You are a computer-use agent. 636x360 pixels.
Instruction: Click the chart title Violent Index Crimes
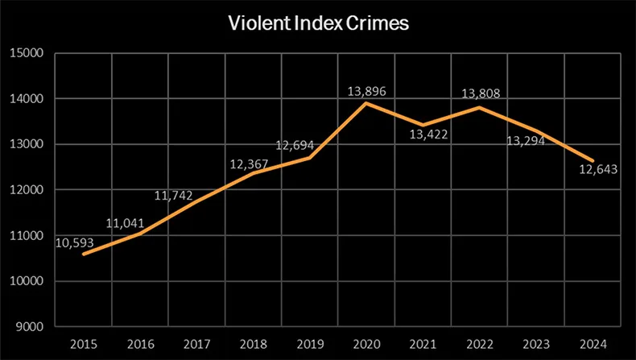coord(317,24)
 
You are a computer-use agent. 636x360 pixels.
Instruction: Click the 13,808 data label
coord(480,93)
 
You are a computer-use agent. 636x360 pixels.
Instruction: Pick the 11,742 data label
coord(176,196)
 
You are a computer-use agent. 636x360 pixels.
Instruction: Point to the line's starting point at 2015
coord(85,254)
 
